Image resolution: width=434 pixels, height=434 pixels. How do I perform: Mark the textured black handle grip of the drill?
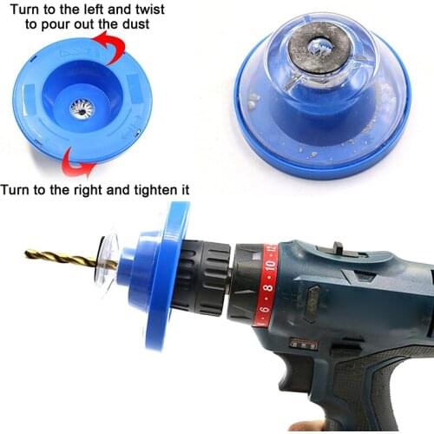(x=386, y=382)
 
